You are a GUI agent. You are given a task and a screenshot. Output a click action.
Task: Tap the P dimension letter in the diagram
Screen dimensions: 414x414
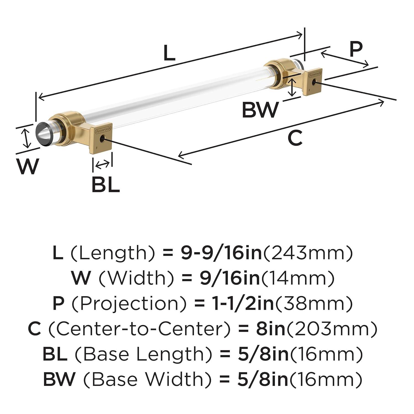click(356, 49)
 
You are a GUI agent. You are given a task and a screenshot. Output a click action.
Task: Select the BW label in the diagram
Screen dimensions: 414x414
click(260, 110)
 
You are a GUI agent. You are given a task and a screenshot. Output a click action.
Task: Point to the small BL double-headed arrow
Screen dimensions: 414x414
click(102, 165)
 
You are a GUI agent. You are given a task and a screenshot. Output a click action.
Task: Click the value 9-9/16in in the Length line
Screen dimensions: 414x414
click(221, 253)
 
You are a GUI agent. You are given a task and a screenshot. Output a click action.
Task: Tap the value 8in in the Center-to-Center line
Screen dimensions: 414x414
click(270, 329)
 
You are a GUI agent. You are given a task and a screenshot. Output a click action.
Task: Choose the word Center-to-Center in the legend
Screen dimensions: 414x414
click(139, 329)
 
